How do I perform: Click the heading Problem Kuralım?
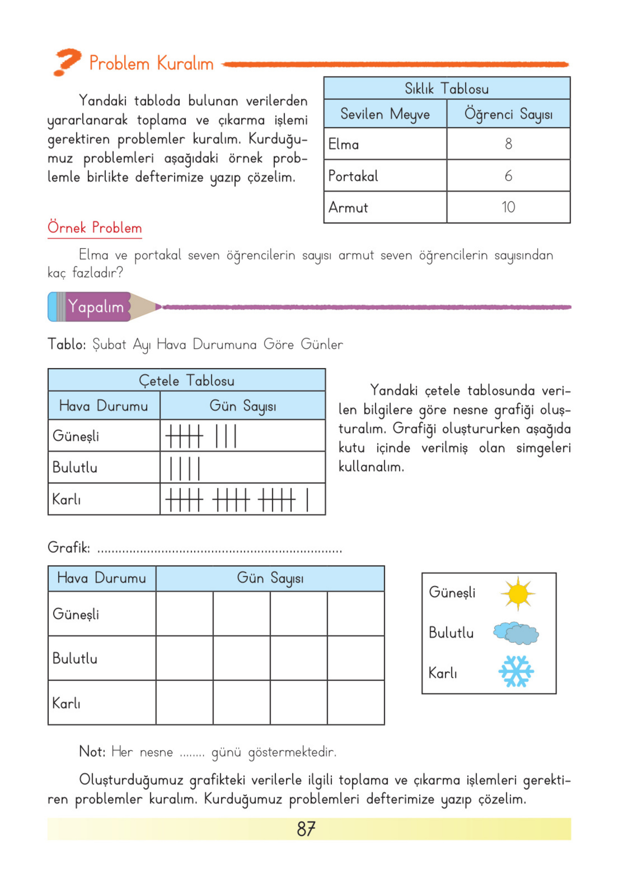pos(151,63)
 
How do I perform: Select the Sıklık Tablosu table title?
pos(446,89)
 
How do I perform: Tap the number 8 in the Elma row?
pos(508,144)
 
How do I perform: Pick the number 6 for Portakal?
pos(508,176)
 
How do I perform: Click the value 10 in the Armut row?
pos(508,207)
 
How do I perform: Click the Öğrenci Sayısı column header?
pos(508,114)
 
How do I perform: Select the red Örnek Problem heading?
pos(94,228)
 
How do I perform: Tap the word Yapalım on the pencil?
pos(96,307)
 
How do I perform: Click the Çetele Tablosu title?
pos(187,380)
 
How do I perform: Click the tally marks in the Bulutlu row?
pos(184,468)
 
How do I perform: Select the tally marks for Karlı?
pos(237,499)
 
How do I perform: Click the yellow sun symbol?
pos(518,593)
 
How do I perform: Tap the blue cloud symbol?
pos(516,633)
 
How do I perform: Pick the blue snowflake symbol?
pos(516,672)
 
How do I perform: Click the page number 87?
pos(306,828)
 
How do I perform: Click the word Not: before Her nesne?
pos(92,751)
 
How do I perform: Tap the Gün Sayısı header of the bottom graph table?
pos(270,578)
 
